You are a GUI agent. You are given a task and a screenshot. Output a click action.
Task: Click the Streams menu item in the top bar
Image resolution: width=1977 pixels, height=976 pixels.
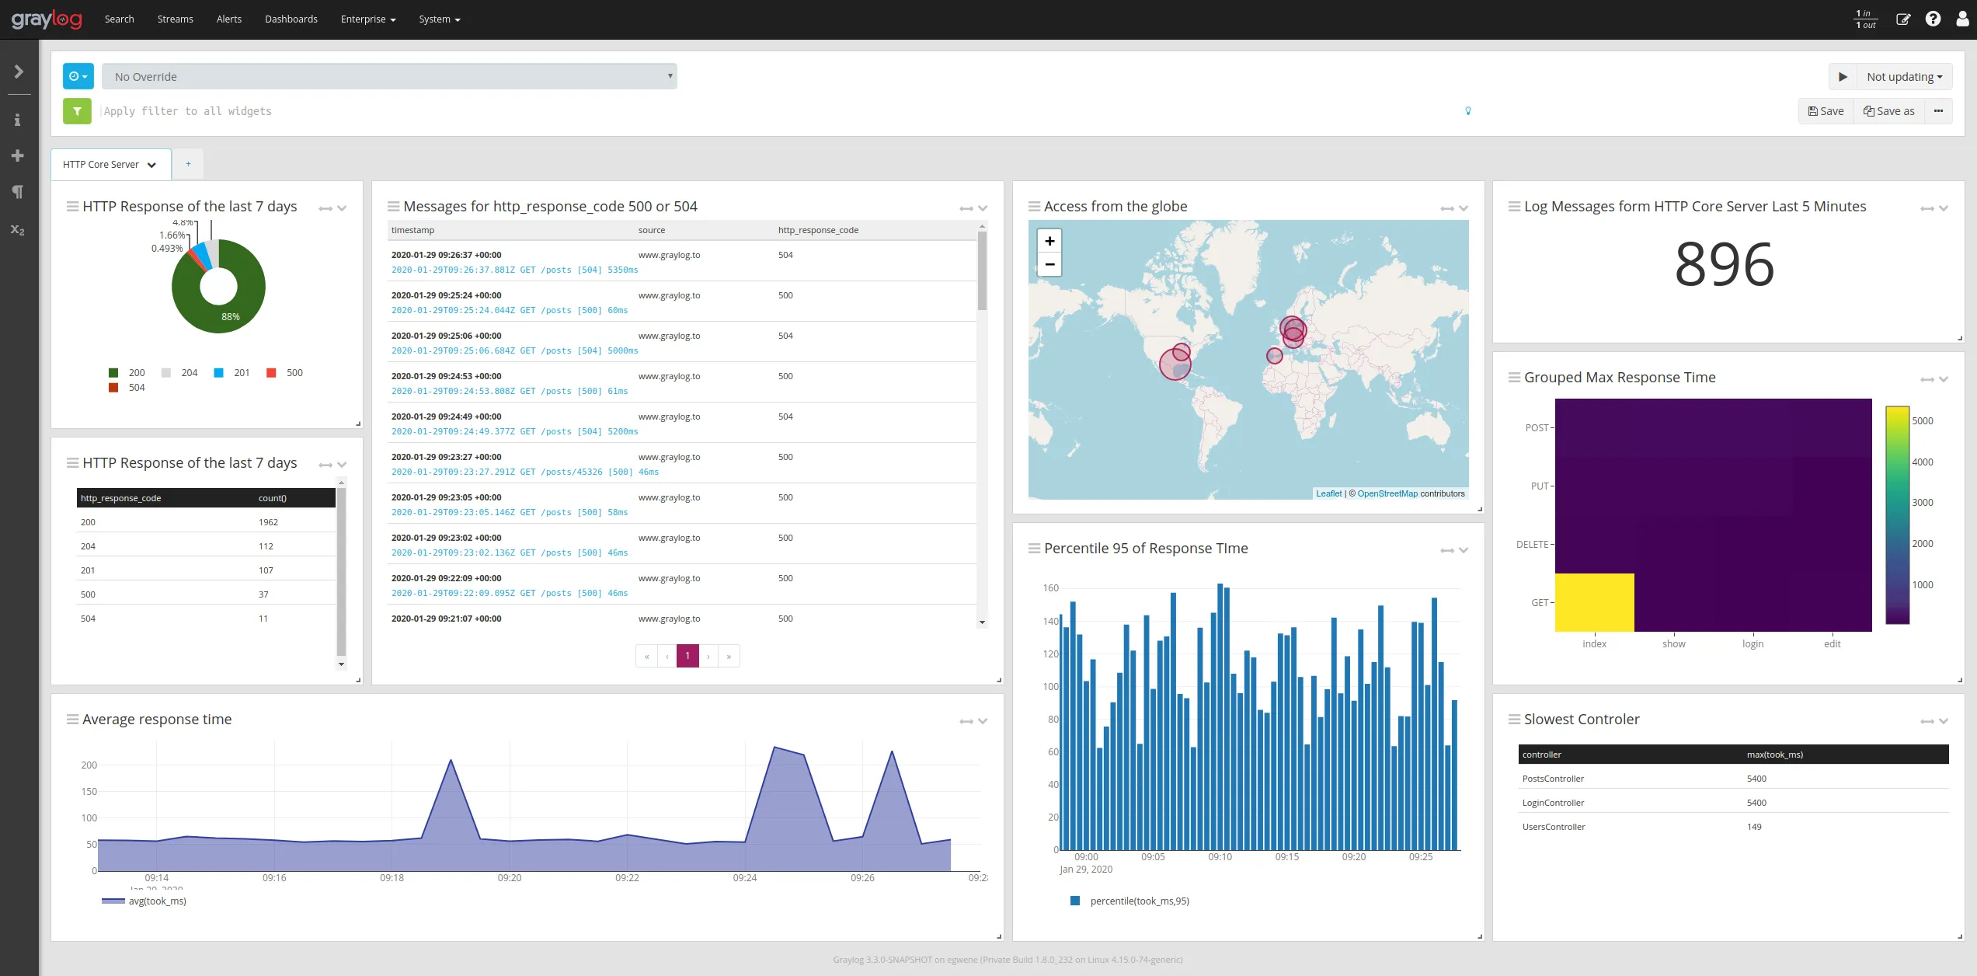[175, 19]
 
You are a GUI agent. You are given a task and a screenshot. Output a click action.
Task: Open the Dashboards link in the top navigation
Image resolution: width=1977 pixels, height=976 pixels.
[291, 19]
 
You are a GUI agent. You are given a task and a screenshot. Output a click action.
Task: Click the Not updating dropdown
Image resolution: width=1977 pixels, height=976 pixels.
[1904, 77]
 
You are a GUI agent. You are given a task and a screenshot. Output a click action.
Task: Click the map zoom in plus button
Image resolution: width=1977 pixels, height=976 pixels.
[1049, 241]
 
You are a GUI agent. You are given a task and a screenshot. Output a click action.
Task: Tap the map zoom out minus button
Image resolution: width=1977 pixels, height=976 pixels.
[1049, 265]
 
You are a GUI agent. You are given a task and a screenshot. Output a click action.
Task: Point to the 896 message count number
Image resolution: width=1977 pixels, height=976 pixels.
[1724, 265]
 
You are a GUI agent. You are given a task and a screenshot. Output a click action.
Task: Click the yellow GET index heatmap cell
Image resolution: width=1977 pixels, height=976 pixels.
[1594, 602]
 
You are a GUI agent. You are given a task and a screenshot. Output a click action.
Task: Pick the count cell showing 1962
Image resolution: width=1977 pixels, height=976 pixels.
[268, 522]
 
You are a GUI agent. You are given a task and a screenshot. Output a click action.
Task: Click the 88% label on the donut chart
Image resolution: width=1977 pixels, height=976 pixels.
[231, 317]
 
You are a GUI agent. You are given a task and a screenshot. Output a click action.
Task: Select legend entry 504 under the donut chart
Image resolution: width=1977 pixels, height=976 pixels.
[136, 388]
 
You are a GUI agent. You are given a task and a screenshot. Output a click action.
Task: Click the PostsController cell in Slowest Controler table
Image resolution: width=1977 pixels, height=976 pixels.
[1553, 779]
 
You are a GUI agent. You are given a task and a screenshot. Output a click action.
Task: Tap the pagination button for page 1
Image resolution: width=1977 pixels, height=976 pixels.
[687, 656]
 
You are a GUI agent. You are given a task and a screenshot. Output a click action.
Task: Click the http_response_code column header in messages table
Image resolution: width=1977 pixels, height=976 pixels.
[818, 230]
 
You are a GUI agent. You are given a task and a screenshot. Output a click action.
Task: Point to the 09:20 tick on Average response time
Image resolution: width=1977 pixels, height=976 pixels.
[510, 878]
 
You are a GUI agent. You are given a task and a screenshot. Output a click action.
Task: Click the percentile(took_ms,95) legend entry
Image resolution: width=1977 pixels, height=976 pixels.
[1139, 901]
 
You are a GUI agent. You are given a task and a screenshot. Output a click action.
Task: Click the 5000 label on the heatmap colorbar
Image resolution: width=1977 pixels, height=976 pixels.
[1923, 421]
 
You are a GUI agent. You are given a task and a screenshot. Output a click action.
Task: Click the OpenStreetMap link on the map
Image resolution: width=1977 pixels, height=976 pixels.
[1387, 493]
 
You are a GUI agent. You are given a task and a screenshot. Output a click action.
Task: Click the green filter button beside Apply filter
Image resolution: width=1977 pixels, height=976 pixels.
[77, 111]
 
